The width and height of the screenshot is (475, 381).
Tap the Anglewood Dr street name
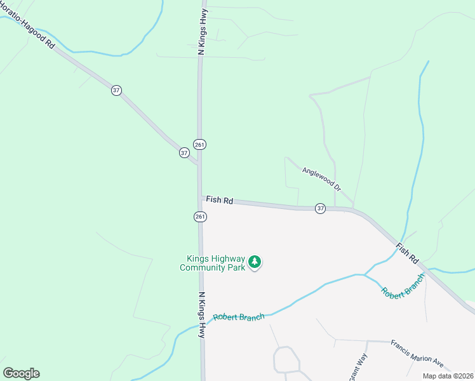(x=322, y=179)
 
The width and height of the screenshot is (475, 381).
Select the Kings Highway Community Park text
(x=212, y=263)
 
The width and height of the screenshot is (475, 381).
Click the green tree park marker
(x=255, y=262)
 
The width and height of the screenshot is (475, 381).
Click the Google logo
(x=21, y=373)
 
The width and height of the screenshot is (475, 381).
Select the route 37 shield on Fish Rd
(x=321, y=208)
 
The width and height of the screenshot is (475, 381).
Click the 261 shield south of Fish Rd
(x=200, y=217)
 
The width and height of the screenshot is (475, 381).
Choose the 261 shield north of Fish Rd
(x=200, y=144)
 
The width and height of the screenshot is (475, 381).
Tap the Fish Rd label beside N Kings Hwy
(x=220, y=200)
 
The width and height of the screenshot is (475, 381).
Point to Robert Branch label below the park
(x=239, y=317)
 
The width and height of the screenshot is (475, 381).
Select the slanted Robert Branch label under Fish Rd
(x=402, y=288)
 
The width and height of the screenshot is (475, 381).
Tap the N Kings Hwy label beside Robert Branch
(x=203, y=315)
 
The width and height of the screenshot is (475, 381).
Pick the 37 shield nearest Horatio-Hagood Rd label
(x=116, y=90)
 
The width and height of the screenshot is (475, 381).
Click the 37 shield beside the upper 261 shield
(x=184, y=152)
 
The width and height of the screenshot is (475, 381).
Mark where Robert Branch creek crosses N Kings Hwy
(x=202, y=326)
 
